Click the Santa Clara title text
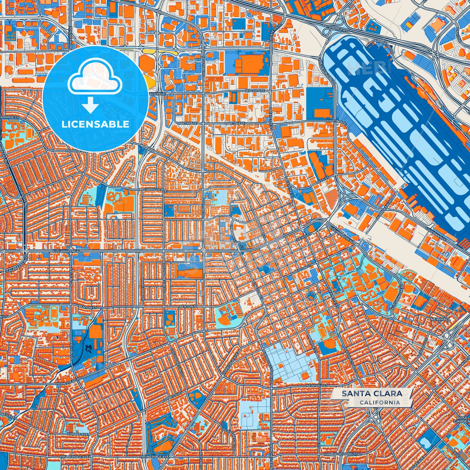371,394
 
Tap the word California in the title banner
380,402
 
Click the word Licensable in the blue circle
95,124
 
